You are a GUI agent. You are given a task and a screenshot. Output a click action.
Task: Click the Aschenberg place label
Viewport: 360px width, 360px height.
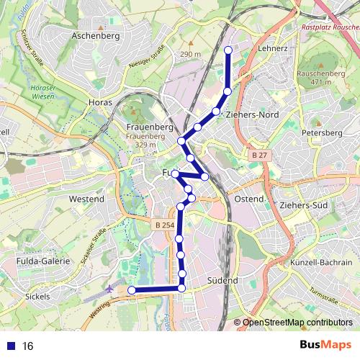(96, 35)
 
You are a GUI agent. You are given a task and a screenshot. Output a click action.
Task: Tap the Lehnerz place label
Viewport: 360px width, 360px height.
(272, 48)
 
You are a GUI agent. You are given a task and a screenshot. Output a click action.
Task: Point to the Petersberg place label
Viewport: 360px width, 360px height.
(321, 133)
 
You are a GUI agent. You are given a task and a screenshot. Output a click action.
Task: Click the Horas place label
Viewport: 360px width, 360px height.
(100, 103)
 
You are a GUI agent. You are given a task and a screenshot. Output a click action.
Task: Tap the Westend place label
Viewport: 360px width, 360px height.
(87, 198)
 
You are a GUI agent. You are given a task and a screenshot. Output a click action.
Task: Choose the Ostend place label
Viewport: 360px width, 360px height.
(249, 198)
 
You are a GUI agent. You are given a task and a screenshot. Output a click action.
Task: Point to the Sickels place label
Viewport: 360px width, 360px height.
(37, 296)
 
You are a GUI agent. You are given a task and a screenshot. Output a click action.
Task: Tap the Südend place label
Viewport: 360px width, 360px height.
(222, 279)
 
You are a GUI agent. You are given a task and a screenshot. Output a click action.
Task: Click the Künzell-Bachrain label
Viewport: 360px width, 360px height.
(321, 264)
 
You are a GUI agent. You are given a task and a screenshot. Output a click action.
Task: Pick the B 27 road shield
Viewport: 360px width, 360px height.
(259, 156)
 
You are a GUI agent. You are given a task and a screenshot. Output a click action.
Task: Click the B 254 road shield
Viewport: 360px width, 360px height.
(164, 225)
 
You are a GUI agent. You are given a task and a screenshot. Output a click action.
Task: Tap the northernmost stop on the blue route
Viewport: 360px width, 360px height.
(228, 50)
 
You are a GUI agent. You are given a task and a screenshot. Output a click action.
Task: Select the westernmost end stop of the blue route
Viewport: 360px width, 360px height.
(132, 289)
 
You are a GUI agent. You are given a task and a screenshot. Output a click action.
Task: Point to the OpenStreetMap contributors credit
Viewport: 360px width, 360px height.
(297, 323)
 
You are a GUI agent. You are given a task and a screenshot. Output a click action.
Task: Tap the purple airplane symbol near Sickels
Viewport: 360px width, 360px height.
(109, 287)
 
